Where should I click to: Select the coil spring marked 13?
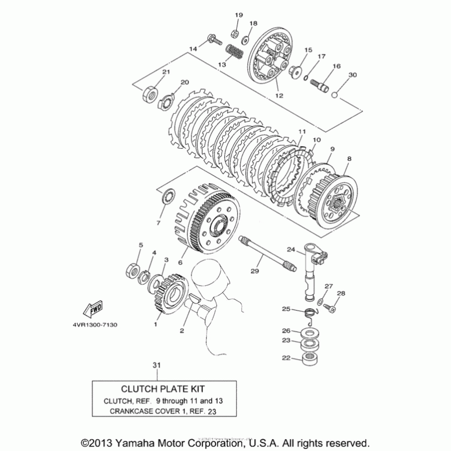pyautogui.click(x=235, y=54)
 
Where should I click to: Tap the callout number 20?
pyautogui.click(x=184, y=82)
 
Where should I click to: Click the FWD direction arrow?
pyautogui.click(x=92, y=308)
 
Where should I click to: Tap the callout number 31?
pyautogui.click(x=156, y=366)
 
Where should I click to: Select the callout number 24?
pyautogui.click(x=291, y=250)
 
